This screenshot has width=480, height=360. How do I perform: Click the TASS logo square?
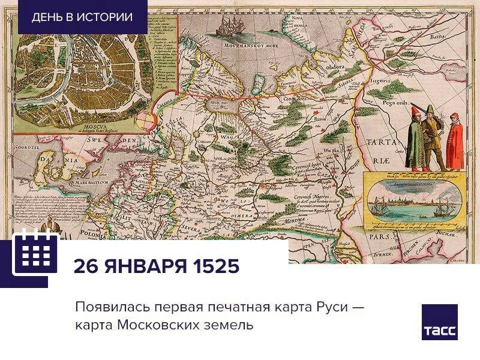pyautogui.click(x=439, y=322)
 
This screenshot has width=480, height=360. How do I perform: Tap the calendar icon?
pyautogui.click(x=35, y=252)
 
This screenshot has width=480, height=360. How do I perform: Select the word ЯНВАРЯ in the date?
pyautogui.click(x=145, y=265)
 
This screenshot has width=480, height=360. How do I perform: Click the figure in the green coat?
pyautogui.click(x=415, y=142)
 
